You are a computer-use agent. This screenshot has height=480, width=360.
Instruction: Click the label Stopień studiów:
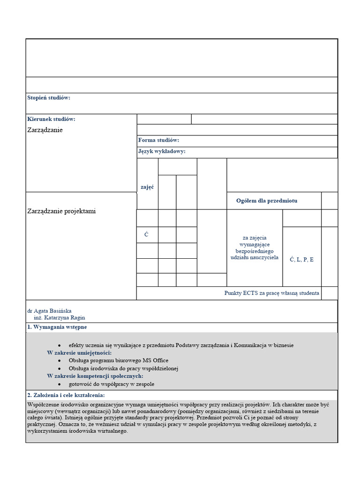(x=49, y=97)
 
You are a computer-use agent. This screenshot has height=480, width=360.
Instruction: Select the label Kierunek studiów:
(x=51, y=119)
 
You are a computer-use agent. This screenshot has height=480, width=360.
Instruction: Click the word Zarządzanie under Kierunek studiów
(x=45, y=130)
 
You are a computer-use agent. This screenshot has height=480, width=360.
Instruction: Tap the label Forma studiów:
(x=158, y=140)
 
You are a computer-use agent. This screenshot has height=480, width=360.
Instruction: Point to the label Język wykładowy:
(x=162, y=151)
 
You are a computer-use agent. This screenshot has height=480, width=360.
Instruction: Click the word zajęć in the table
(x=147, y=187)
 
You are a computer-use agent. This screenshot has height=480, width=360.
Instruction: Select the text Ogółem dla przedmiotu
(x=267, y=201)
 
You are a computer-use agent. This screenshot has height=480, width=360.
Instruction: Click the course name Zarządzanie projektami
(x=61, y=211)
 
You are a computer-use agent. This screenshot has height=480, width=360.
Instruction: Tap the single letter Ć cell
(x=147, y=234)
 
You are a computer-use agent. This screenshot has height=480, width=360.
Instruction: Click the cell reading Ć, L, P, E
(x=302, y=259)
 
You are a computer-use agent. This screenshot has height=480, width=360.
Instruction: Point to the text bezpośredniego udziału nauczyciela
(x=255, y=255)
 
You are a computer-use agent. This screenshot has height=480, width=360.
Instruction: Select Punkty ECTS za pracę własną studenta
(x=272, y=293)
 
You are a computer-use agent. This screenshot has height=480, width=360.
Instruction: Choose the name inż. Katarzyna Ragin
(x=60, y=317)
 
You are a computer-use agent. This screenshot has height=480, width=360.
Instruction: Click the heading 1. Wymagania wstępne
(x=57, y=327)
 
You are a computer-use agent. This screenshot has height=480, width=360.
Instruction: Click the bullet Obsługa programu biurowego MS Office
(x=118, y=360)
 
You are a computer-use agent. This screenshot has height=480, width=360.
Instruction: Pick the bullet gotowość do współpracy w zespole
(x=111, y=384)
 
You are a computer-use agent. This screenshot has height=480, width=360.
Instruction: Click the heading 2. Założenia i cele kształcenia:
(x=66, y=395)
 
